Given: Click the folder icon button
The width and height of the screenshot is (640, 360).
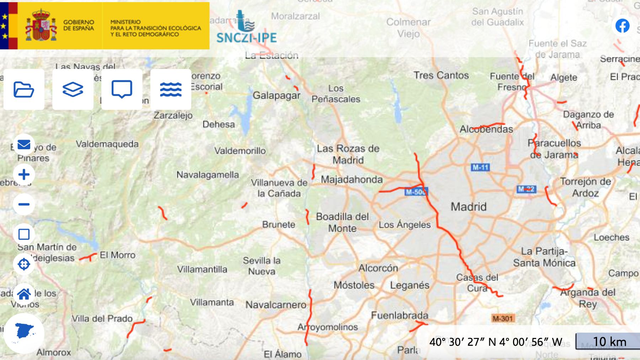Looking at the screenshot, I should click(x=24, y=89).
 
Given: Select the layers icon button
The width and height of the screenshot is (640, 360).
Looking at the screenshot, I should click(x=73, y=89).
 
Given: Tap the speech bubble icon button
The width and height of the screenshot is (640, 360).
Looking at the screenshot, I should click(x=122, y=89).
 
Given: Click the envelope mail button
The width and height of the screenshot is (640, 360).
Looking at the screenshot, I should click(x=24, y=145).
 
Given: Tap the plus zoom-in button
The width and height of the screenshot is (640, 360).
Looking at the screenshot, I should click(x=24, y=174).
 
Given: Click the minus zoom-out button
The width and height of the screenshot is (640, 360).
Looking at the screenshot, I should click(x=24, y=204).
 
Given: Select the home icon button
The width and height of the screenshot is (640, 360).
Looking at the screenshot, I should click(x=24, y=294).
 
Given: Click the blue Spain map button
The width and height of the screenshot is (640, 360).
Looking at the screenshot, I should click(x=24, y=333).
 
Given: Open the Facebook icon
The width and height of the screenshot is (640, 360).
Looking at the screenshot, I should click(x=622, y=26).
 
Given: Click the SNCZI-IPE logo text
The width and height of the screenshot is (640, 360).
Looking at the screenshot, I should click(x=246, y=38).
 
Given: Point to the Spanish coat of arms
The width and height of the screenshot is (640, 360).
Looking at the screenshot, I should click(x=41, y=26).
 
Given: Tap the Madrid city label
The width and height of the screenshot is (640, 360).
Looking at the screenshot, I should click(x=468, y=206).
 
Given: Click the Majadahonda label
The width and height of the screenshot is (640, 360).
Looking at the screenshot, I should click(x=352, y=179).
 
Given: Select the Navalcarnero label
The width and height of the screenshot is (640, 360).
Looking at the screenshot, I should click(x=276, y=305).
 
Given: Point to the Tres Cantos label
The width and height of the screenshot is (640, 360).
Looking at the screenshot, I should click(x=441, y=75).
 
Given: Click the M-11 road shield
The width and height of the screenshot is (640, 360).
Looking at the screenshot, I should click(x=480, y=167).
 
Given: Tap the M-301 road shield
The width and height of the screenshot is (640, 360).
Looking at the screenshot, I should click(x=503, y=318).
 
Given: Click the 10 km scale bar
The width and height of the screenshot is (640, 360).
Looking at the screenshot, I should click(x=609, y=342).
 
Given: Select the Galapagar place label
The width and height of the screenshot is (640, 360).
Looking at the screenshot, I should click(x=276, y=95).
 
